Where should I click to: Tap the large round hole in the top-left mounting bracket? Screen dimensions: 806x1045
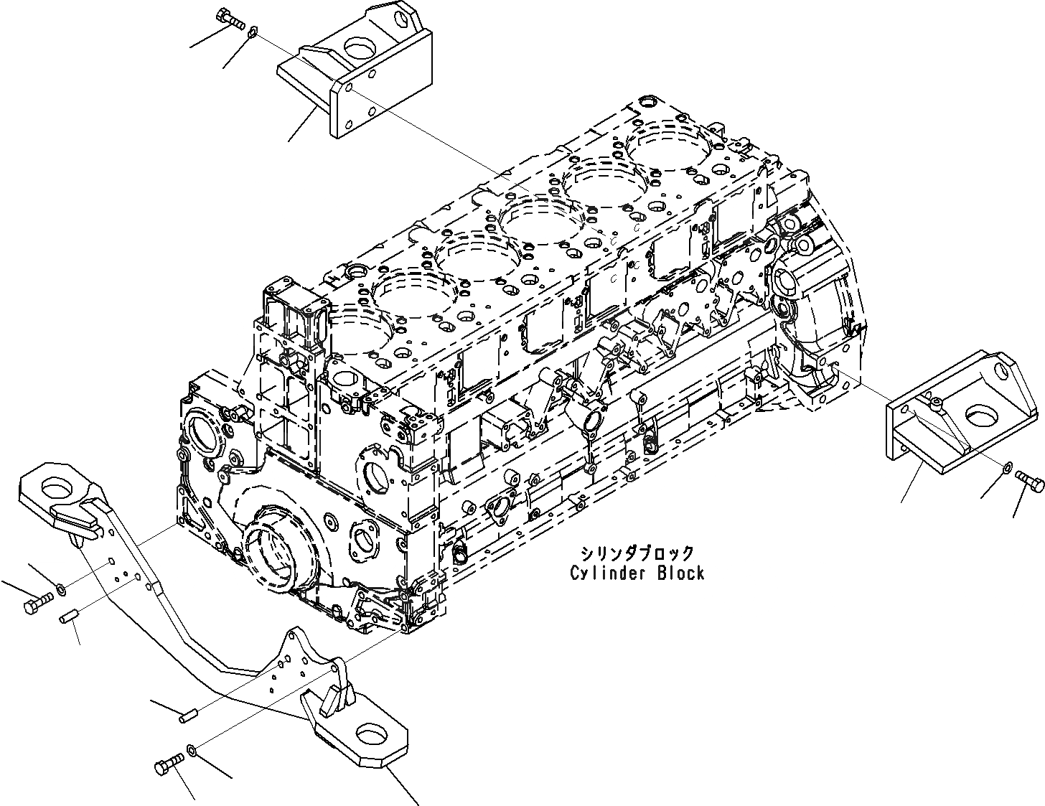(358, 48)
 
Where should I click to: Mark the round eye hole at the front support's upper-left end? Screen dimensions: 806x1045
(56, 488)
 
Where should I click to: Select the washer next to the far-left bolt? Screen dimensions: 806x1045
(62, 589)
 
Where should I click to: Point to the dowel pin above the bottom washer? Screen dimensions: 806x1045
(190, 713)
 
